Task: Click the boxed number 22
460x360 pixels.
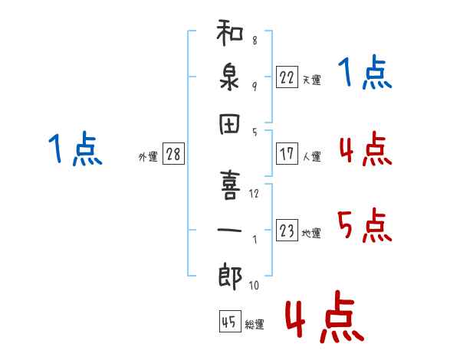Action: click(287, 77)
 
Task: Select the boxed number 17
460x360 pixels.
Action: click(287, 154)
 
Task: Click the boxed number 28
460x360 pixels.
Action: click(173, 154)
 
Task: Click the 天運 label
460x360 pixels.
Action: click(311, 80)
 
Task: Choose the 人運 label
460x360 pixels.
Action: click(311, 156)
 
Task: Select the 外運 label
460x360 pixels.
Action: click(148, 156)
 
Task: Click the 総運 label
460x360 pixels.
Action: click(255, 325)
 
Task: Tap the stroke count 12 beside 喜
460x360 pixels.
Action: click(254, 193)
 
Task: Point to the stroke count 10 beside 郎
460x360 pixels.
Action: click(254, 286)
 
